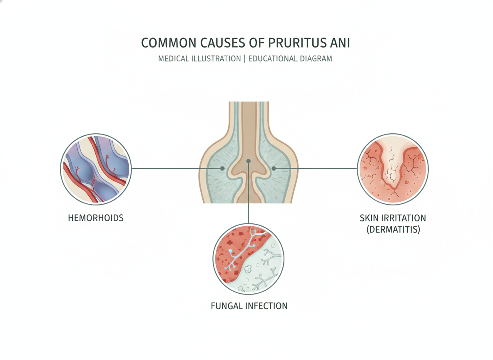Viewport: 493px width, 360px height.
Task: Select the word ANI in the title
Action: tap(340, 43)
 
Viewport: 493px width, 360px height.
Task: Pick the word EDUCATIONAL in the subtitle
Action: tap(273, 59)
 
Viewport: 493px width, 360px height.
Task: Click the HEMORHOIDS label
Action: tap(96, 218)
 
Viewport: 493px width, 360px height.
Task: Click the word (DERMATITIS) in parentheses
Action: tap(393, 230)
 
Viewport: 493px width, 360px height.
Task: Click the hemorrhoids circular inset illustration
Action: tap(96, 169)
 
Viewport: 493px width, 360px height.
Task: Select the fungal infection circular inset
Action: tap(249, 259)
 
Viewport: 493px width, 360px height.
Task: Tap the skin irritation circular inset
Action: tap(393, 169)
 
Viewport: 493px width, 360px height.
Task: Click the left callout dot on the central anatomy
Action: tap(222, 169)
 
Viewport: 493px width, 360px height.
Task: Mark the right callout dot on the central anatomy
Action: tap(274, 169)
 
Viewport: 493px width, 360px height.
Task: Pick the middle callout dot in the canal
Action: tap(249, 161)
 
